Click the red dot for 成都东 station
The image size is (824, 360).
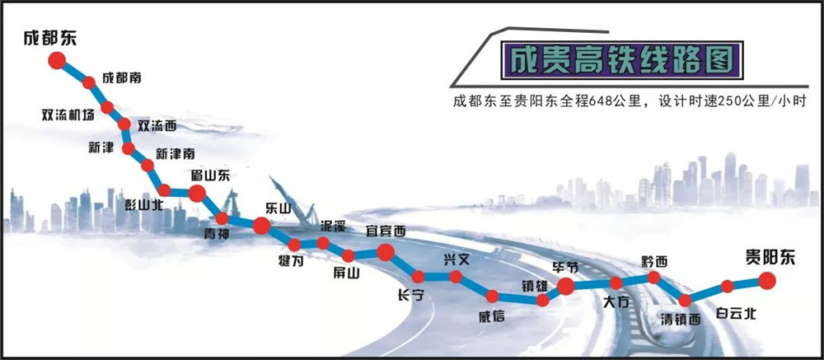click(x=57, y=60)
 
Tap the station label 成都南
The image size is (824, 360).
click(x=121, y=77)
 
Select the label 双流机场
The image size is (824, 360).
click(x=68, y=115)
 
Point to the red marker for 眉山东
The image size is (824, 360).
click(x=197, y=194)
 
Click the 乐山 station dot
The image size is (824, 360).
click(x=262, y=226)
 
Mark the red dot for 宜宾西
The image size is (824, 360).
click(x=385, y=252)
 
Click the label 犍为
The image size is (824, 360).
click(x=291, y=259)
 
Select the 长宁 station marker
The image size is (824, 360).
click(x=418, y=277)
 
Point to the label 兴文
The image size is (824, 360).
click(x=456, y=259)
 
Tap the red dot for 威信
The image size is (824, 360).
click(x=493, y=297)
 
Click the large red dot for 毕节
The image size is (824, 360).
click(x=565, y=287)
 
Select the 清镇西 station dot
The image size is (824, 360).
click(x=685, y=301)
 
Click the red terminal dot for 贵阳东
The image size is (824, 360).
click(x=766, y=281)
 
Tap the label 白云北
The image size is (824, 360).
click(x=736, y=314)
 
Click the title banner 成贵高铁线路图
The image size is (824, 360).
click(x=621, y=60)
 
